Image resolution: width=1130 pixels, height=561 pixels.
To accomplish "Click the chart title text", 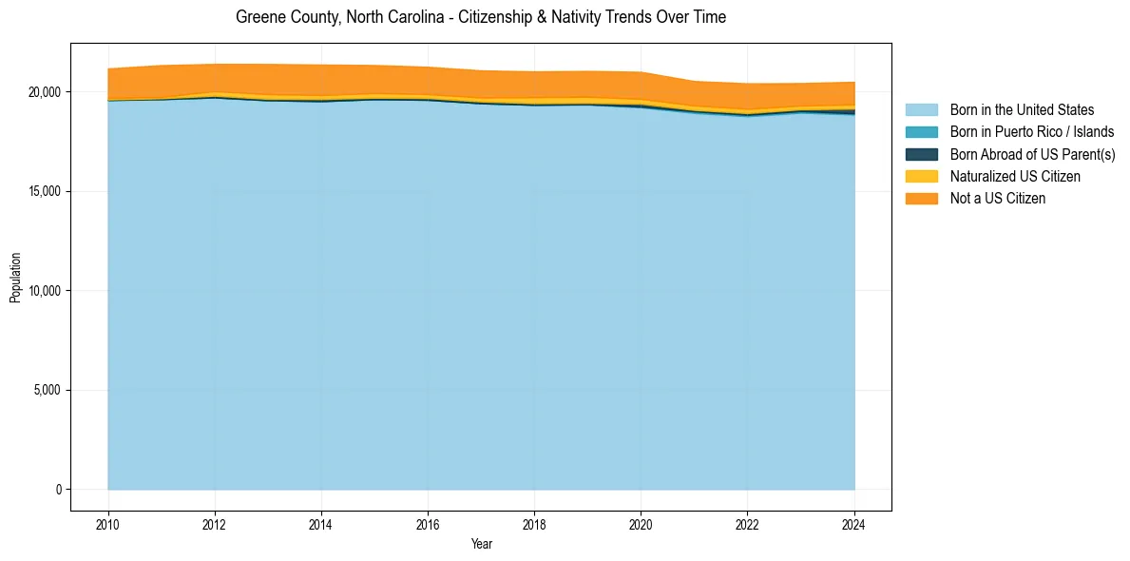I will (x=481, y=17).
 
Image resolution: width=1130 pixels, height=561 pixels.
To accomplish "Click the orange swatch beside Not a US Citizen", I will (x=921, y=198).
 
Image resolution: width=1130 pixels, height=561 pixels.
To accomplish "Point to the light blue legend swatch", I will (x=921, y=110).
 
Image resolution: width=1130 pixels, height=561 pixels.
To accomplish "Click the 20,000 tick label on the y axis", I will (x=43, y=92).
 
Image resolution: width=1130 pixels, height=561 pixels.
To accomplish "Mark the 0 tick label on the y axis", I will (x=59, y=490).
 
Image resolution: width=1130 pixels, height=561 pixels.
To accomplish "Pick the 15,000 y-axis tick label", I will (x=43, y=191).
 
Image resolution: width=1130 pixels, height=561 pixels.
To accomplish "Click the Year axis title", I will (x=481, y=544).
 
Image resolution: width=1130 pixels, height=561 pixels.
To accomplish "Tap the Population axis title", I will (x=15, y=278).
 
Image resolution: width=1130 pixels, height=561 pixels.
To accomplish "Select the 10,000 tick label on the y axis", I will (x=43, y=291).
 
